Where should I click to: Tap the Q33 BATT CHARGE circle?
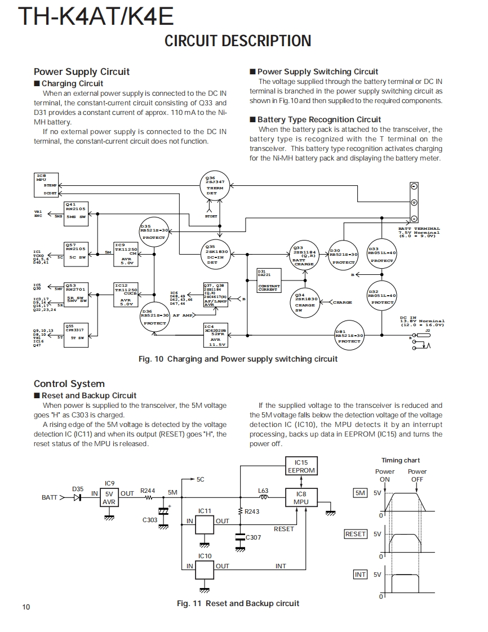click(304, 256)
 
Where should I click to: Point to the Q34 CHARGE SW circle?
click(306, 302)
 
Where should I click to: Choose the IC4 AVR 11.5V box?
click(215, 335)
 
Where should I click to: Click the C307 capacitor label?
click(253, 537)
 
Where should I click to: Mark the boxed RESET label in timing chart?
click(356, 534)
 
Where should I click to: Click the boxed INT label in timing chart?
click(360, 574)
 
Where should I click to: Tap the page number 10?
click(26, 607)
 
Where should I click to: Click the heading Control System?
click(69, 384)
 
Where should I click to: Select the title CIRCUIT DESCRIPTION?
click(237, 41)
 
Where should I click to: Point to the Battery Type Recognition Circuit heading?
click(319, 119)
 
